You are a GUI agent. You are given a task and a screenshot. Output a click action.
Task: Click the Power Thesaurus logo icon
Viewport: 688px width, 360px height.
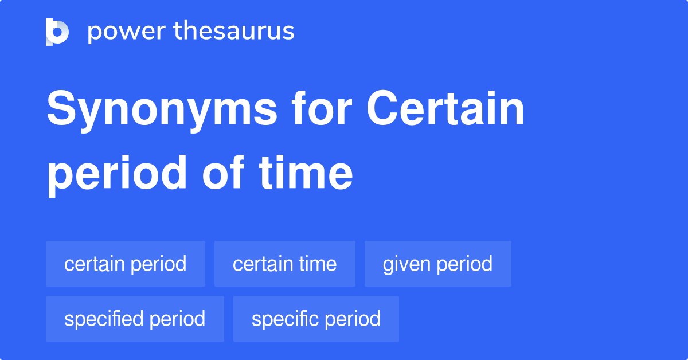(x=57, y=32)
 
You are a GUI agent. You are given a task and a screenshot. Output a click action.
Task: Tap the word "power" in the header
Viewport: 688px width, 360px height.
(x=127, y=32)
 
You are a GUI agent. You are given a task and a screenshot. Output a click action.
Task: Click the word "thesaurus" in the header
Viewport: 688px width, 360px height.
(x=234, y=30)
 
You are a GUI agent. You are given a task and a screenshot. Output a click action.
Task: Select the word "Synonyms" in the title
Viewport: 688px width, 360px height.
(x=162, y=111)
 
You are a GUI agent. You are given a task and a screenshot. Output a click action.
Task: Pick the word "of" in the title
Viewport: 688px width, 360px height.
(x=223, y=172)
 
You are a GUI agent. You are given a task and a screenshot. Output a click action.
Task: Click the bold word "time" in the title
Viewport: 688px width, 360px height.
(x=306, y=173)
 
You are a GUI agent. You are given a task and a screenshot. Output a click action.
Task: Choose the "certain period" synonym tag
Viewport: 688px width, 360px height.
(x=126, y=264)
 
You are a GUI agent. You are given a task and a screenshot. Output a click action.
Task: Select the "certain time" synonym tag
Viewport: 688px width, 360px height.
(x=285, y=264)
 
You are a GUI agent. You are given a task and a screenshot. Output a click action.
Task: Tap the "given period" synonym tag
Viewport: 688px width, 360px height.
(x=438, y=264)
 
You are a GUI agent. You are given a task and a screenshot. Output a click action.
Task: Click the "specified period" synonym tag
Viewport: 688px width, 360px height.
(x=135, y=319)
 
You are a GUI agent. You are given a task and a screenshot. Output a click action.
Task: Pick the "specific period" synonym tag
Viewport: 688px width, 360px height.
(x=316, y=319)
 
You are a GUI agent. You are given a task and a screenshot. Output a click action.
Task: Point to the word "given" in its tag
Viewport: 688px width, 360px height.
(x=406, y=265)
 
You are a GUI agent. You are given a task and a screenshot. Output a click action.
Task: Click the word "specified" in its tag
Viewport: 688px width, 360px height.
(x=104, y=319)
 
